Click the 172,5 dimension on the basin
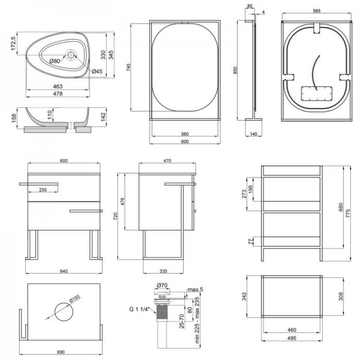pyautogui.click(x=13, y=43)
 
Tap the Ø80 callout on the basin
pyautogui.click(x=55, y=61)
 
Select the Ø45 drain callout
pyautogui.click(x=97, y=71)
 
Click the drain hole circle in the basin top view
pyautogui.click(x=71, y=55)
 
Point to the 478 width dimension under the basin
pyautogui.click(x=58, y=94)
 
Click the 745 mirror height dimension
pyautogui.click(x=128, y=67)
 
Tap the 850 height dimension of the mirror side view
pyautogui.click(x=235, y=70)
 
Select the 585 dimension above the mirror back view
pyautogui.click(x=317, y=11)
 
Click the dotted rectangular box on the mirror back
pyautogui.click(x=317, y=93)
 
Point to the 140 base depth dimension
pyautogui.click(x=253, y=134)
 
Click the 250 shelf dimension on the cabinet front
pyautogui.click(x=43, y=190)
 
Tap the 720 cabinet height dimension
pyautogui.click(x=115, y=216)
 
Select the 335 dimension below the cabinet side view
pyautogui.click(x=163, y=271)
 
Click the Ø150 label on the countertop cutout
pyautogui.click(x=74, y=299)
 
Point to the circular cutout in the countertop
pyautogui.click(x=64, y=312)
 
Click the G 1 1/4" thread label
pyautogui.click(x=139, y=309)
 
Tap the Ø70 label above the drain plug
pyautogui.click(x=162, y=286)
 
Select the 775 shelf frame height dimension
pyautogui.click(x=348, y=214)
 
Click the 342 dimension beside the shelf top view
pyautogui.click(x=244, y=296)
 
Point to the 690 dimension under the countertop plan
pyautogui.click(x=61, y=352)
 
